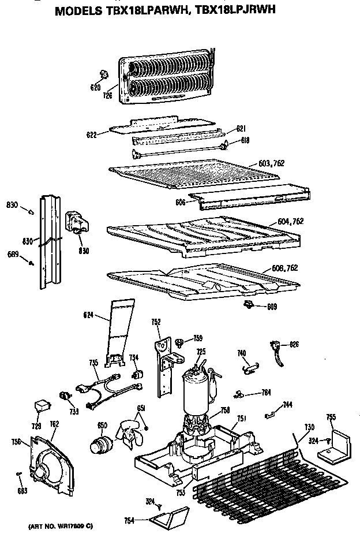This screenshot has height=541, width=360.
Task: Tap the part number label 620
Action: click(95, 87)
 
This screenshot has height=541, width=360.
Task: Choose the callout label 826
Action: click(294, 345)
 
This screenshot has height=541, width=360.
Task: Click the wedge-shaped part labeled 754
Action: click(168, 515)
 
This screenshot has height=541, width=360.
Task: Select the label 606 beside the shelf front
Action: click(180, 203)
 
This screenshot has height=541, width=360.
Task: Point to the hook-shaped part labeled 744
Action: click(270, 413)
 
